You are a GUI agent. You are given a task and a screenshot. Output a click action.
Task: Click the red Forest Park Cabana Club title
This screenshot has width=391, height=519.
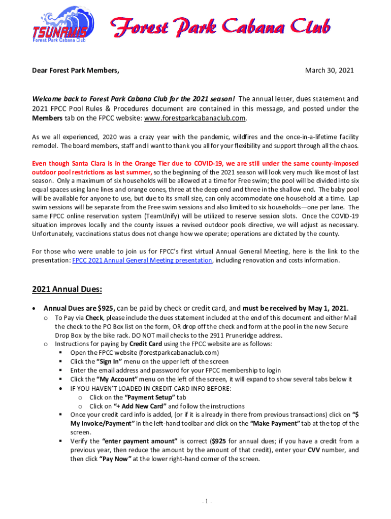pos(221,26)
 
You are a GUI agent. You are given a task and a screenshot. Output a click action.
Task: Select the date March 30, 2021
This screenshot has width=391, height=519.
pos(329,70)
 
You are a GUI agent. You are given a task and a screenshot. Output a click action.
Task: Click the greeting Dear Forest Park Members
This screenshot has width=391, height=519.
pos(76,70)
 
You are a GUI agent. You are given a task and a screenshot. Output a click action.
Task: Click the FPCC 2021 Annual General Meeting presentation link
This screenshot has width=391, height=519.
pos(142,261)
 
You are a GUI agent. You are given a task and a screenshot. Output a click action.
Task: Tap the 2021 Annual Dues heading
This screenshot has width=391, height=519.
pos(67,290)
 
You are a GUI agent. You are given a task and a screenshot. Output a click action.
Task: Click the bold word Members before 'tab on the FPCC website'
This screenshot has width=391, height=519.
pos(47,118)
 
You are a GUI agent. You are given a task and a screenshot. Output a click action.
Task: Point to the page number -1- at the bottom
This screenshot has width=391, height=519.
pos(206,502)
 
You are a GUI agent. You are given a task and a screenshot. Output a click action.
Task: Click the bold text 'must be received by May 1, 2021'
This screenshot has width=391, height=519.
pos(296,308)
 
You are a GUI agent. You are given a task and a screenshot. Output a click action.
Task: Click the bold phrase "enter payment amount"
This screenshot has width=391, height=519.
pos(140,441)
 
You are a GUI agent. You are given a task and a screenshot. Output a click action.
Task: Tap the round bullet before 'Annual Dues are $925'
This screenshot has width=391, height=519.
pos(34,308)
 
